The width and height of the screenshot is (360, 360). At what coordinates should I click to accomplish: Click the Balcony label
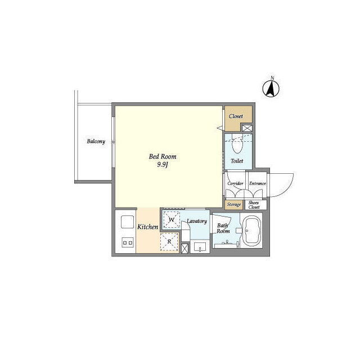coord(96,141)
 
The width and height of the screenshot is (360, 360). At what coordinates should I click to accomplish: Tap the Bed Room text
coord(163,156)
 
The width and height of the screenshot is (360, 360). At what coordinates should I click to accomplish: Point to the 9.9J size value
coord(163,165)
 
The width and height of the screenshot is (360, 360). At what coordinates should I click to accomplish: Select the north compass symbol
coord(271,88)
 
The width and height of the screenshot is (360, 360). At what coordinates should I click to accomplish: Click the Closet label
coord(236,116)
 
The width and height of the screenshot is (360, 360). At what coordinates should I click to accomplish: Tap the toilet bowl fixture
coord(237,145)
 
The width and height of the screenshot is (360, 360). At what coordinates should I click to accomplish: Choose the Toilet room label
coord(237,161)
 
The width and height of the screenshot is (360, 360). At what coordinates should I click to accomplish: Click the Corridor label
coord(235,183)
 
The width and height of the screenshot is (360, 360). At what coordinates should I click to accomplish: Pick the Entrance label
coord(258,183)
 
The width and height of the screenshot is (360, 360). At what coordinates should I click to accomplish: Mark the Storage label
coord(234,204)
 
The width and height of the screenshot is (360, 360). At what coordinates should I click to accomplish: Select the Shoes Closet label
coord(254,205)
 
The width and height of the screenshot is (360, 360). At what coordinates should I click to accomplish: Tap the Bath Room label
coord(223,228)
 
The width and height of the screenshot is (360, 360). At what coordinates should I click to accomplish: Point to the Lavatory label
coord(197,221)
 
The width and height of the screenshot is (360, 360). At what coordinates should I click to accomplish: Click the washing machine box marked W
coord(172,220)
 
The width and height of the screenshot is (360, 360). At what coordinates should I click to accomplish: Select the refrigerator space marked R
coord(169,242)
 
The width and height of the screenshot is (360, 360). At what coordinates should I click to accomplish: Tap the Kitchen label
coord(147,227)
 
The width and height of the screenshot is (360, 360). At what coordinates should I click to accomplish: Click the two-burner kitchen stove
coord(128,242)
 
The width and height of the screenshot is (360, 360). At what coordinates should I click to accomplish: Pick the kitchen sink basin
coord(128,222)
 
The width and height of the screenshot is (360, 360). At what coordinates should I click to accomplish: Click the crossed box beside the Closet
coord(247,128)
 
